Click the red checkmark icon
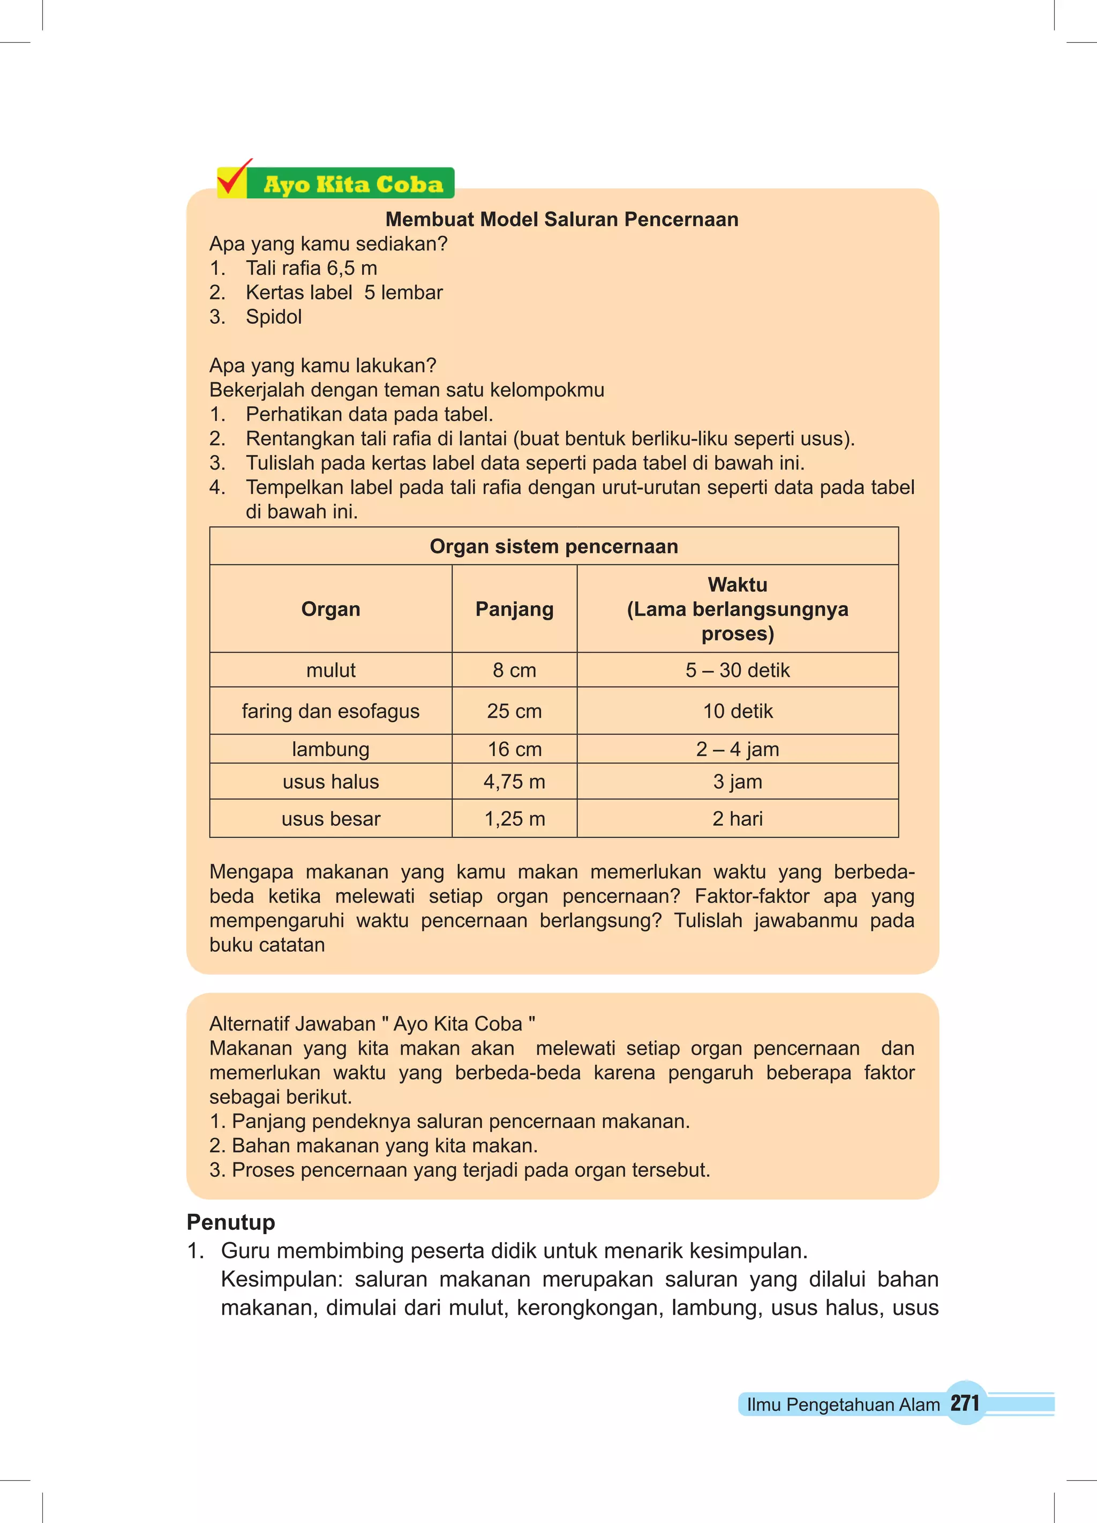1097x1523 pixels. (234, 178)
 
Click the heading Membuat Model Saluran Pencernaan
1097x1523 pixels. (561, 220)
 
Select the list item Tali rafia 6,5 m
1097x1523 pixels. (311, 268)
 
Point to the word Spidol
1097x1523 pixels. (273, 317)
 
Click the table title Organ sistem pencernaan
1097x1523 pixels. (554, 547)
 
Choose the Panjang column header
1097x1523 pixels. (514, 609)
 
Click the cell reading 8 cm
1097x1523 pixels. (514, 670)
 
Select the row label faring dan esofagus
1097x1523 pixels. (330, 711)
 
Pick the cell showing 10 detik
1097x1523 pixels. (737, 711)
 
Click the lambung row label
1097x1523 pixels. (330, 749)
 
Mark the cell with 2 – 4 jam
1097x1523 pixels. (737, 749)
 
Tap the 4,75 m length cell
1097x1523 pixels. (514, 782)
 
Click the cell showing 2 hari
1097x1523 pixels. (737, 819)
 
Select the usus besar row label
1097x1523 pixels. (330, 819)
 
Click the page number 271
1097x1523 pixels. (965, 1403)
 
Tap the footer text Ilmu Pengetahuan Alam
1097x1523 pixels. (843, 1405)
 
